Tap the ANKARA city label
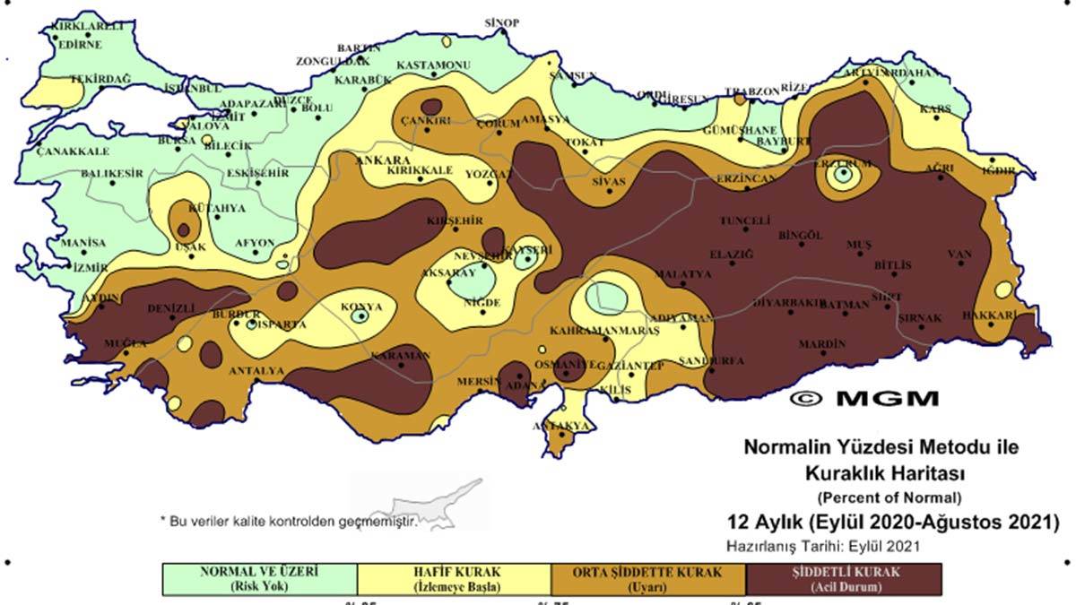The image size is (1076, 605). click(377, 160)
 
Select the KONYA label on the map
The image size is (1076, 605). click(361, 307)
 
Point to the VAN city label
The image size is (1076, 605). click(960, 255)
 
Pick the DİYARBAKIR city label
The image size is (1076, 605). click(788, 304)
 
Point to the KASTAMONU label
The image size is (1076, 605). click(433, 66)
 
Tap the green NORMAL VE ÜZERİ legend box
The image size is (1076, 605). click(259, 579)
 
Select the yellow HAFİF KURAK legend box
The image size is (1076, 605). click(454, 579)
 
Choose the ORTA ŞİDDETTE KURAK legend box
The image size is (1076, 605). click(648, 579)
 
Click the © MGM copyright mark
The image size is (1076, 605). click(863, 398)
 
